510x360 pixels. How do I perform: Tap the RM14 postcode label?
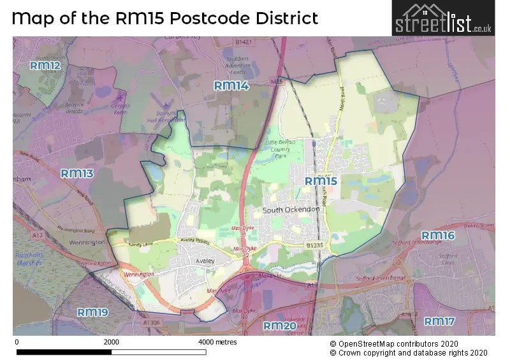pyautogui.click(x=231, y=85)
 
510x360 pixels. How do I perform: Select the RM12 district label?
pyautogui.click(x=45, y=66)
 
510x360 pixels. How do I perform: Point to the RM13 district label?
pyautogui.click(x=77, y=173)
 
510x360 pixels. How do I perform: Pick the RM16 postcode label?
pyautogui.click(x=438, y=236)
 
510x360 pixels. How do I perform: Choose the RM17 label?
pyautogui.click(x=440, y=321)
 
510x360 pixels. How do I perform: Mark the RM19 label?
pyautogui.click(x=93, y=312)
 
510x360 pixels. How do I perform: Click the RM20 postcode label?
pyautogui.click(x=280, y=326)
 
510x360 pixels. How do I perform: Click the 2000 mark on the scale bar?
pyautogui.click(x=112, y=342)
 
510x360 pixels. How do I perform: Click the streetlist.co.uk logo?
pyautogui.click(x=442, y=18)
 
